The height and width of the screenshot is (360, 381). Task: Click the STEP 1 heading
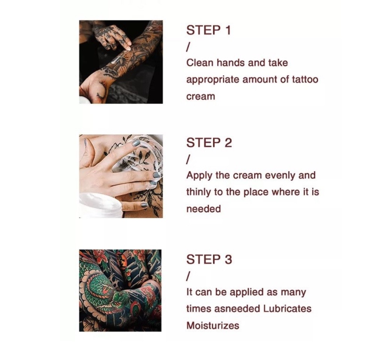(208, 30)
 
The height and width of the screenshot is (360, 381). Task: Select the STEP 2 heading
(209, 142)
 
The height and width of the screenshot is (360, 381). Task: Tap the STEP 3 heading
(209, 259)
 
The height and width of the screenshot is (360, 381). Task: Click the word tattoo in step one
(305, 79)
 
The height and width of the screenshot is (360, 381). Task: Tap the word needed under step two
(203, 209)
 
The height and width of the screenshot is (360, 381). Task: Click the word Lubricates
(287, 309)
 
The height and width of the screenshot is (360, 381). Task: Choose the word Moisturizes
(212, 325)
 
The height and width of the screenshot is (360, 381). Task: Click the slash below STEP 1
(188, 47)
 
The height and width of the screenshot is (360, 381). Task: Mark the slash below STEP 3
(188, 276)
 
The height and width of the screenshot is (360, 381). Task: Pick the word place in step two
(256, 192)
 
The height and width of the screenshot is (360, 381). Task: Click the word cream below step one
(201, 97)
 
